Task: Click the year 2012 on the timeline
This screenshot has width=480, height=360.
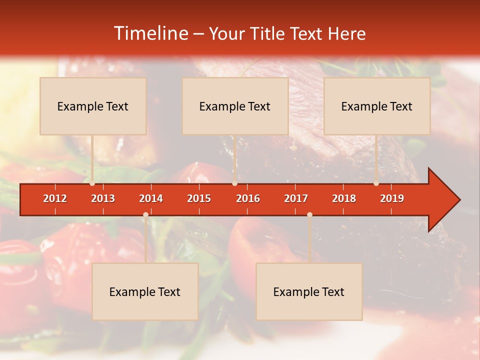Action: click(x=55, y=198)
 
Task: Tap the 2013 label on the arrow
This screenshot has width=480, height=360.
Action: click(x=103, y=198)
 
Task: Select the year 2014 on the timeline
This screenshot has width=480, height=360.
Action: click(x=151, y=198)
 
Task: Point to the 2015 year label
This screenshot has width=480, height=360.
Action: click(x=199, y=198)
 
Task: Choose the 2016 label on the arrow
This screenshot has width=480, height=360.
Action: click(x=248, y=198)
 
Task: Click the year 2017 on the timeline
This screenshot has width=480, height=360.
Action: click(x=296, y=198)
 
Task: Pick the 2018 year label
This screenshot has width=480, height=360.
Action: click(x=344, y=198)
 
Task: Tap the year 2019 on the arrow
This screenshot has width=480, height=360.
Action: click(x=392, y=198)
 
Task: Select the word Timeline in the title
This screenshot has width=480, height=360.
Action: click(x=150, y=33)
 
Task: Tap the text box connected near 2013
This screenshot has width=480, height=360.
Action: click(x=93, y=106)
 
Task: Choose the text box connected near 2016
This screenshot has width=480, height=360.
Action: click(x=235, y=106)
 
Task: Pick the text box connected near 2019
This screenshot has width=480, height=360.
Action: click(x=377, y=106)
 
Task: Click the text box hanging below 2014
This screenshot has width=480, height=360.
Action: click(x=145, y=291)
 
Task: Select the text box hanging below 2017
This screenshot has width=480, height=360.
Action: click(x=309, y=291)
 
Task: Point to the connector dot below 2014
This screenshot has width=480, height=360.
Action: click(x=145, y=215)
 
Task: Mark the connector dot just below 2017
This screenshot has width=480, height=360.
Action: click(x=309, y=215)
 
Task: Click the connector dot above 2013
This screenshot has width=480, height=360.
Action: click(x=92, y=183)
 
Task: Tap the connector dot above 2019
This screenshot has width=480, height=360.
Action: click(x=376, y=183)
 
